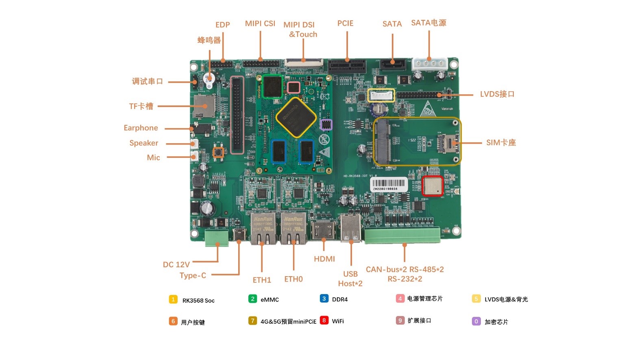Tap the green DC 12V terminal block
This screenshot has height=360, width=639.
pyautogui.click(x=217, y=238)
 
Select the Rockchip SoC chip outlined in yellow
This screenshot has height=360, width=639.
pyautogui.click(x=296, y=117)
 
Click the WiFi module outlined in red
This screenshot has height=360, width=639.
pyautogui.click(x=432, y=186)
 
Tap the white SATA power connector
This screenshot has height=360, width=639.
pyautogui.click(x=429, y=64)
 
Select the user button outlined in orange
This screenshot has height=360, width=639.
pyautogui.click(x=218, y=152)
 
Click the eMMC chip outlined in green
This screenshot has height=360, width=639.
pyautogui.click(x=272, y=86)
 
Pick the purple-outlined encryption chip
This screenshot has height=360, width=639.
pyautogui.click(x=326, y=124)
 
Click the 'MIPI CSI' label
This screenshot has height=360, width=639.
pyautogui.click(x=260, y=24)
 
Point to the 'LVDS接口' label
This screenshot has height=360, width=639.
pyautogui.click(x=497, y=94)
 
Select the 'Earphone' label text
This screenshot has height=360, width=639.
pyautogui.click(x=141, y=128)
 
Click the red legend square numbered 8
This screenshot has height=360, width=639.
pyautogui.click(x=324, y=320)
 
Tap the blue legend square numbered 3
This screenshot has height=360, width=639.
pyautogui.click(x=324, y=299)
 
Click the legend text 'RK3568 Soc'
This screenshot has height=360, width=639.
pyautogui.click(x=198, y=301)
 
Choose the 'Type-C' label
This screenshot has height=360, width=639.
pyautogui.click(x=193, y=275)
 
